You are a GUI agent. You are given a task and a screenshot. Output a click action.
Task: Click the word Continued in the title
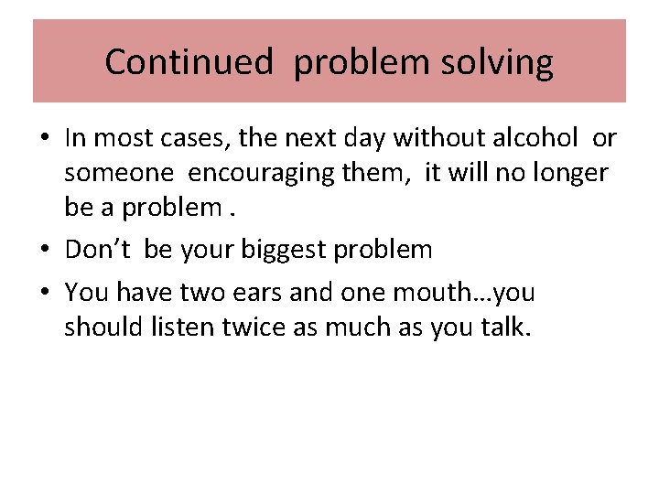(x=188, y=62)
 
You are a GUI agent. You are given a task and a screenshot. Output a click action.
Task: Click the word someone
(x=116, y=174)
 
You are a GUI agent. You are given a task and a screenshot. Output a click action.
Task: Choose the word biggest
(x=279, y=250)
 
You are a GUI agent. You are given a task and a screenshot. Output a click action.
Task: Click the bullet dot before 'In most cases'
(x=45, y=140)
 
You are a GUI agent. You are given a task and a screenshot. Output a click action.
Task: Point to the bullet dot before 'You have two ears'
(x=45, y=294)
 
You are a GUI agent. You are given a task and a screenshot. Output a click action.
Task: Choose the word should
(x=102, y=328)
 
